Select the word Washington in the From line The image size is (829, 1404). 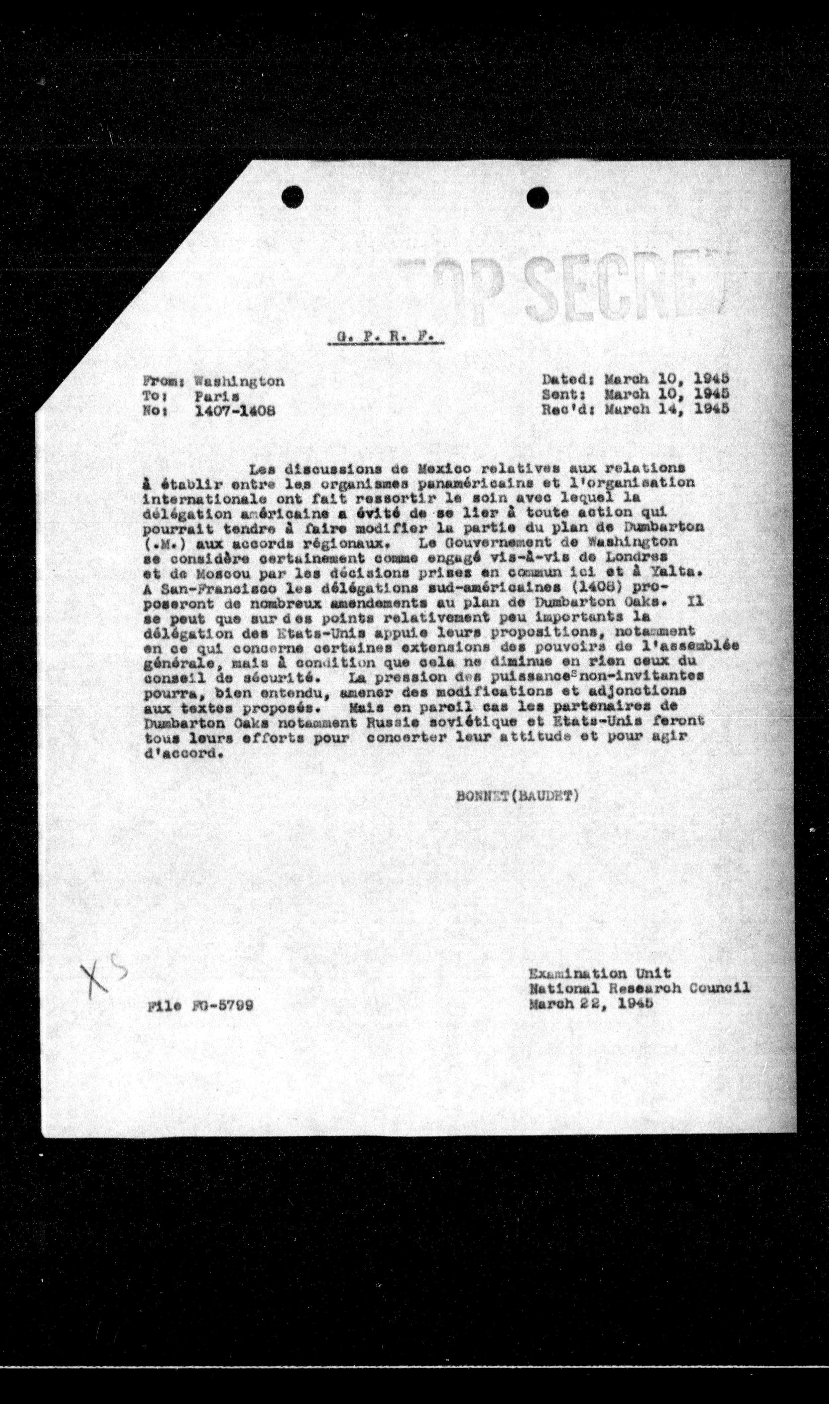click(x=239, y=381)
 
